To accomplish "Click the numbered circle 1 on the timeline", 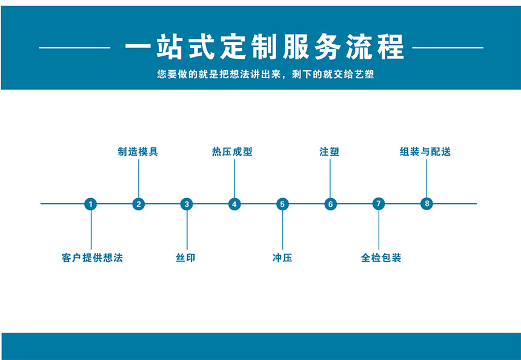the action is pos(91,204).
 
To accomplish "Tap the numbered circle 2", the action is pos(139,204).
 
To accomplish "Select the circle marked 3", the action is pos(187,204).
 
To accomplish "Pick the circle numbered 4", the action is pos(234,204).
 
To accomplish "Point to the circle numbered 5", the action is pos(282,204).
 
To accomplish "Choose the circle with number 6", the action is pos(331,204).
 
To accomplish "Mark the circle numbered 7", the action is pos(379,204).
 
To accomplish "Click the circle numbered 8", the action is pos(426,204).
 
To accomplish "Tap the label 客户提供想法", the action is pos(92,258).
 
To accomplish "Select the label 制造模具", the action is pos(138,152).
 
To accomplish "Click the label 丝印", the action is pos(185,258).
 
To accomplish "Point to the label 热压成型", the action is pos(232,152).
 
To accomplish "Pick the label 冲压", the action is pos(282,258).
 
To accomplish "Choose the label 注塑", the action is pos(330,152).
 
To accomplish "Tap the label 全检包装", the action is pos(381,258).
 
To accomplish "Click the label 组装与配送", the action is pos(425,152).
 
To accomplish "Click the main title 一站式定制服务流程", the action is pos(265,47).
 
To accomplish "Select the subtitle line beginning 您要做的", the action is pos(265,74).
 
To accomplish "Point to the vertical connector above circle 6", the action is pos(330,179).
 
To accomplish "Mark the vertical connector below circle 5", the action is pos(283,230).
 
